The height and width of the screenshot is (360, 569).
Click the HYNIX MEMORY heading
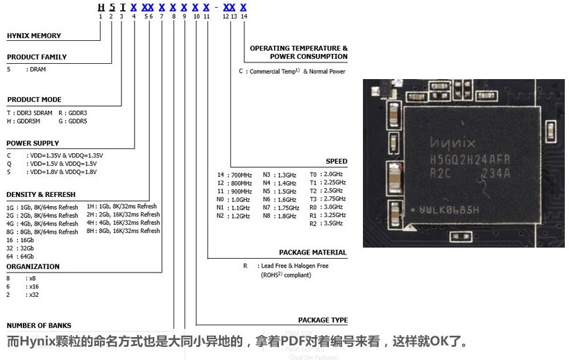click(x=34, y=36)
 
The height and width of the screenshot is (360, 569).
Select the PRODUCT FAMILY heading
click(x=37, y=57)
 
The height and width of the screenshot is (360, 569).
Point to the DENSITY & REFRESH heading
click(x=41, y=195)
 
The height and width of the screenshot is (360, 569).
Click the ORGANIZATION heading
click(x=33, y=266)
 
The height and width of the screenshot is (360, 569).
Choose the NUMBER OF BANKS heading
click(x=40, y=325)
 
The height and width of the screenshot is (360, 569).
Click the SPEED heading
click(x=337, y=162)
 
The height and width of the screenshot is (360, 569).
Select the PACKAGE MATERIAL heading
click(x=313, y=252)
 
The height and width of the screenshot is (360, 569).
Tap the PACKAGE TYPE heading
click(x=323, y=320)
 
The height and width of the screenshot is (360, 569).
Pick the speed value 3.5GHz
click(x=333, y=223)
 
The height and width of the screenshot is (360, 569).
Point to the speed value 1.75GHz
click(x=287, y=207)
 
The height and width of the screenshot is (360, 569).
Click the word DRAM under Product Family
click(x=36, y=69)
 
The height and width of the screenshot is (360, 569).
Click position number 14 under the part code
click(x=244, y=17)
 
